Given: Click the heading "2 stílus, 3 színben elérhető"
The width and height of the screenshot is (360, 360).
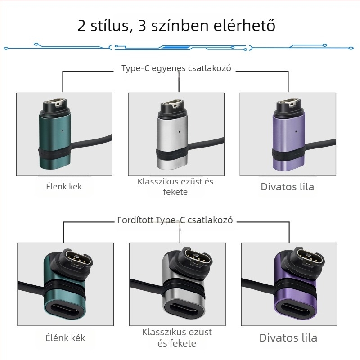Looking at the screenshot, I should pos(176,25).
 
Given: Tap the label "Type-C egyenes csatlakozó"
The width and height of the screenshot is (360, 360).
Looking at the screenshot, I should pos(176,69).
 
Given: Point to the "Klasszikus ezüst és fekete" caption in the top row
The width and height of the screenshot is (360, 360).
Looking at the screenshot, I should pos(175,187).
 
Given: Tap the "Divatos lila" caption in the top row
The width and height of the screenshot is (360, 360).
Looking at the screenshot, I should pos(287,187).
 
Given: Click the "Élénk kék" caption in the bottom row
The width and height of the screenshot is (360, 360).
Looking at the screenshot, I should pos(65,337).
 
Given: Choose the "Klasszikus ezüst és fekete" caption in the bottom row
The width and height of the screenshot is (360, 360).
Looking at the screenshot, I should pos(177,337).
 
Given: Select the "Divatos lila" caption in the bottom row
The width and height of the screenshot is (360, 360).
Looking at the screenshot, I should pos(288,338).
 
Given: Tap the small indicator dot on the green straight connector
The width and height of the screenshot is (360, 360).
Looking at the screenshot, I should pos(61,132).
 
